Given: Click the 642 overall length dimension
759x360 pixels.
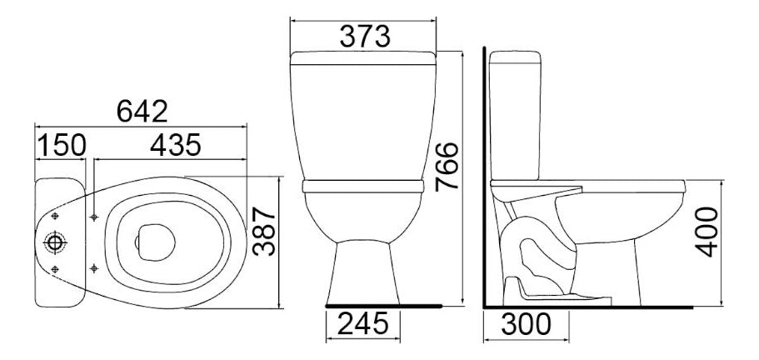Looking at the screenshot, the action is tap(142, 112).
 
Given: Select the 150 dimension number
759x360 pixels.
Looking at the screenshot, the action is tap(62, 145).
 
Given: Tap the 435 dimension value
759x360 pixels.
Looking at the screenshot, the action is tap(175, 145).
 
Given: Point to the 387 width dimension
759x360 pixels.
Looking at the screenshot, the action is tap(264, 232).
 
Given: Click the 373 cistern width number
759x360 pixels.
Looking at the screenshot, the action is tap(364, 37).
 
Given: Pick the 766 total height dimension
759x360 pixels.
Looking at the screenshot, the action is tap(447, 167).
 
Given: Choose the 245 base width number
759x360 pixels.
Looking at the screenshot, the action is tap(363, 323).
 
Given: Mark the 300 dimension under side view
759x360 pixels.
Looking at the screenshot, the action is tap(527, 324).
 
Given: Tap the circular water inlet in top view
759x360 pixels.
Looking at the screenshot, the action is tap(55, 242).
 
